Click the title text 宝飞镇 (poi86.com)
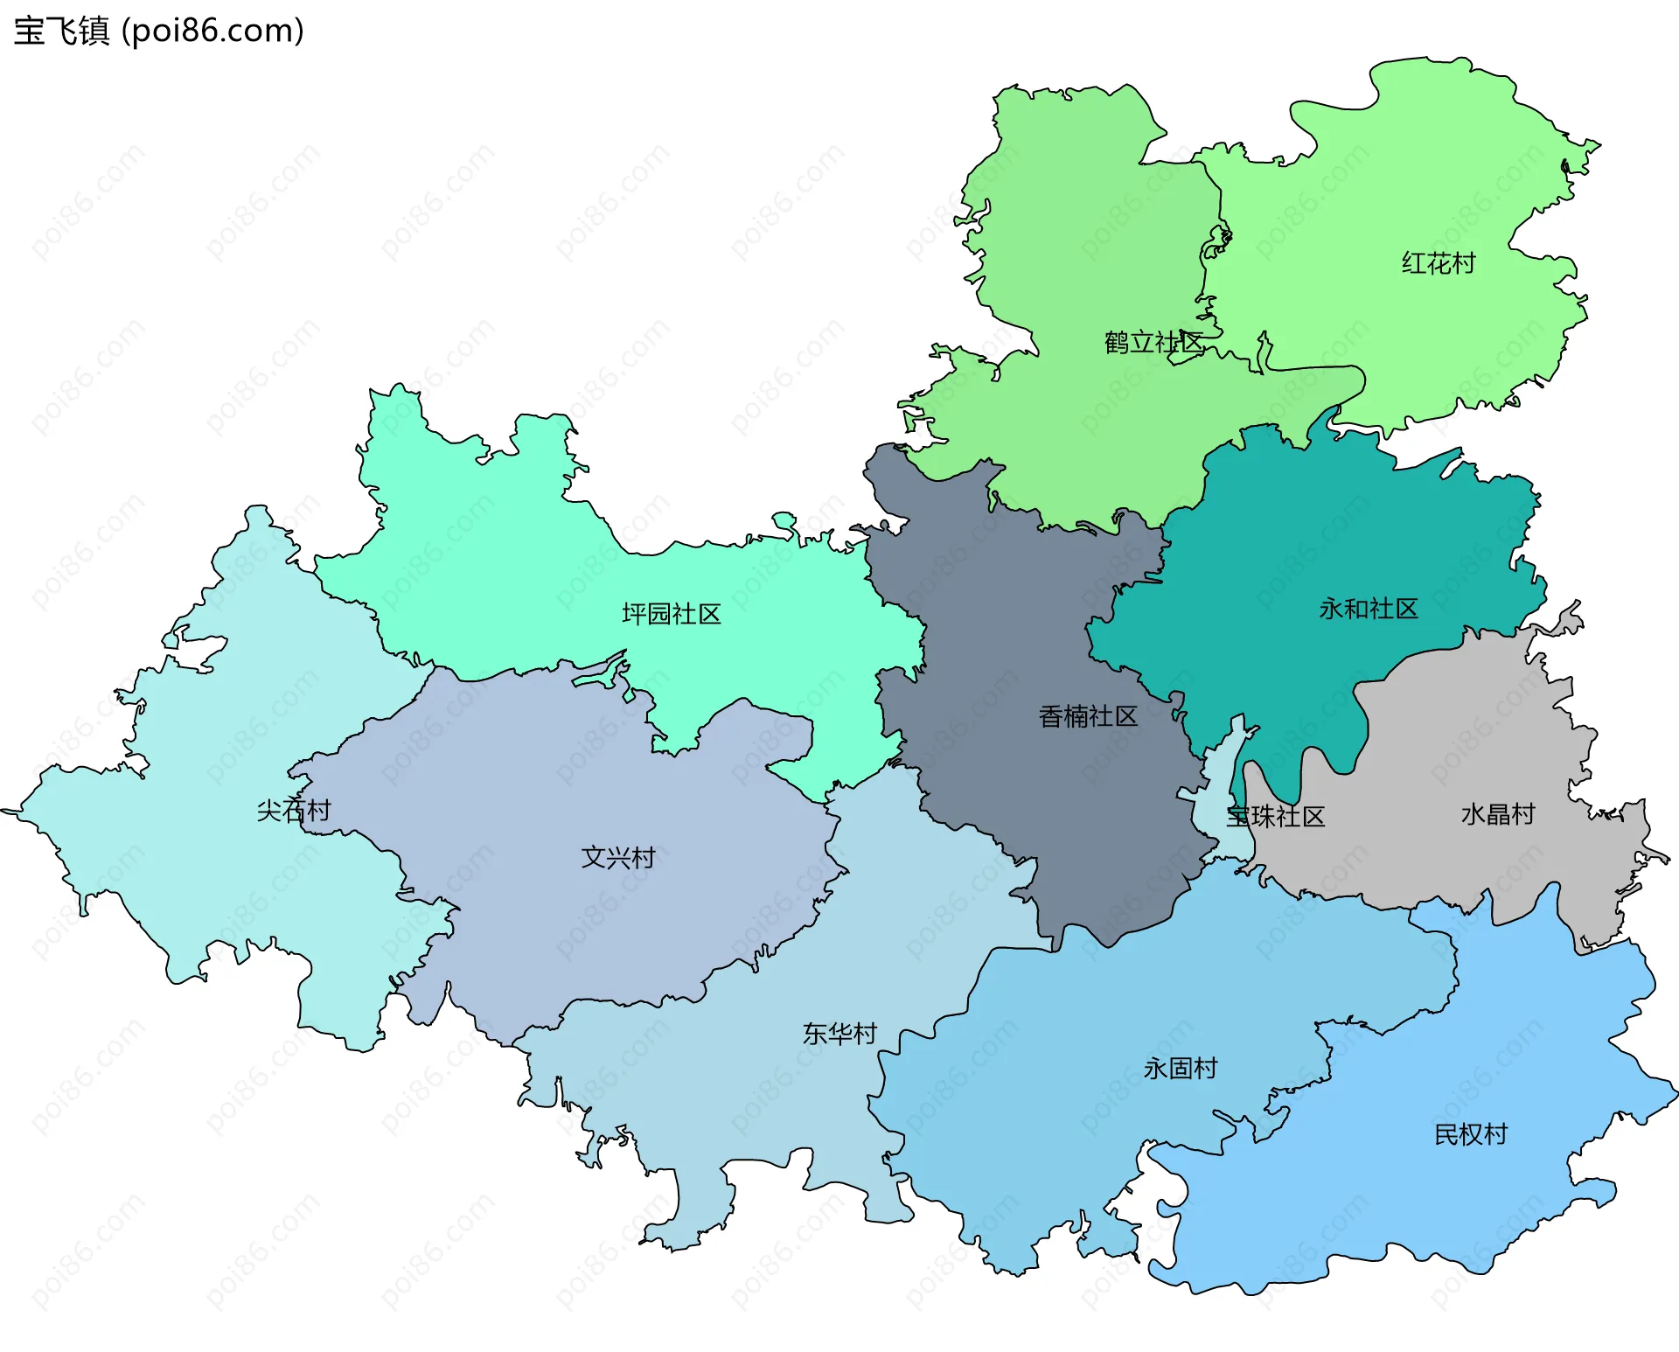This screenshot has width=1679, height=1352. (x=158, y=31)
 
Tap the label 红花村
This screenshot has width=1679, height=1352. (x=1438, y=263)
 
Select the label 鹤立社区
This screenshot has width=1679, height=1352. (x=1153, y=343)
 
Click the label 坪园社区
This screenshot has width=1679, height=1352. (x=671, y=614)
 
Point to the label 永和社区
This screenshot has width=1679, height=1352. (x=1368, y=609)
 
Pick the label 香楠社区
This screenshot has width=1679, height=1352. (x=1087, y=717)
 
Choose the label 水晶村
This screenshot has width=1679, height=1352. (x=1497, y=814)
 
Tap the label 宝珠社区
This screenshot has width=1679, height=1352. (x=1275, y=817)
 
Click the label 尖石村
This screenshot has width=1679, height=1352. (x=293, y=811)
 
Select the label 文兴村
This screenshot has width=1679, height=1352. (x=617, y=857)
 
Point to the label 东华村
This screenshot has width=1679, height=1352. (x=839, y=1034)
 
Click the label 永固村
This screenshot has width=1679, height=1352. (x=1180, y=1068)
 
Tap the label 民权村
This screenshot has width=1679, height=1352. (x=1470, y=1134)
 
